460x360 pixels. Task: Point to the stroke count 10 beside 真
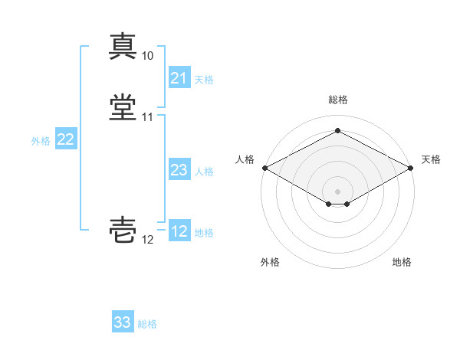[147, 56]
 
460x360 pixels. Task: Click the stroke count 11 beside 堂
[147, 117]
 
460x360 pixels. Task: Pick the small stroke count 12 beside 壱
[147, 240]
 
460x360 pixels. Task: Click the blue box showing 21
[179, 78]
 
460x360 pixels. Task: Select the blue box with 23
[179, 170]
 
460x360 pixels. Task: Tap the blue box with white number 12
[179, 231]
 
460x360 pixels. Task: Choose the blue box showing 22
[65, 139]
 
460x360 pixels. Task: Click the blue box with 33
[122, 322]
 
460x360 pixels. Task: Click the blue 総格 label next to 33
[147, 324]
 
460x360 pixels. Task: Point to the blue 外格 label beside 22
[41, 141]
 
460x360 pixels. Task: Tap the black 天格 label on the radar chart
[431, 159]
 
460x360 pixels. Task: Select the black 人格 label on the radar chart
[245, 159]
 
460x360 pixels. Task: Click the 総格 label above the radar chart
[337, 100]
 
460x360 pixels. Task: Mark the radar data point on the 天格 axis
[412, 167]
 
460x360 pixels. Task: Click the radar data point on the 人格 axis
[264, 167]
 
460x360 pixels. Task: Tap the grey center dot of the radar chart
[337, 191]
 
